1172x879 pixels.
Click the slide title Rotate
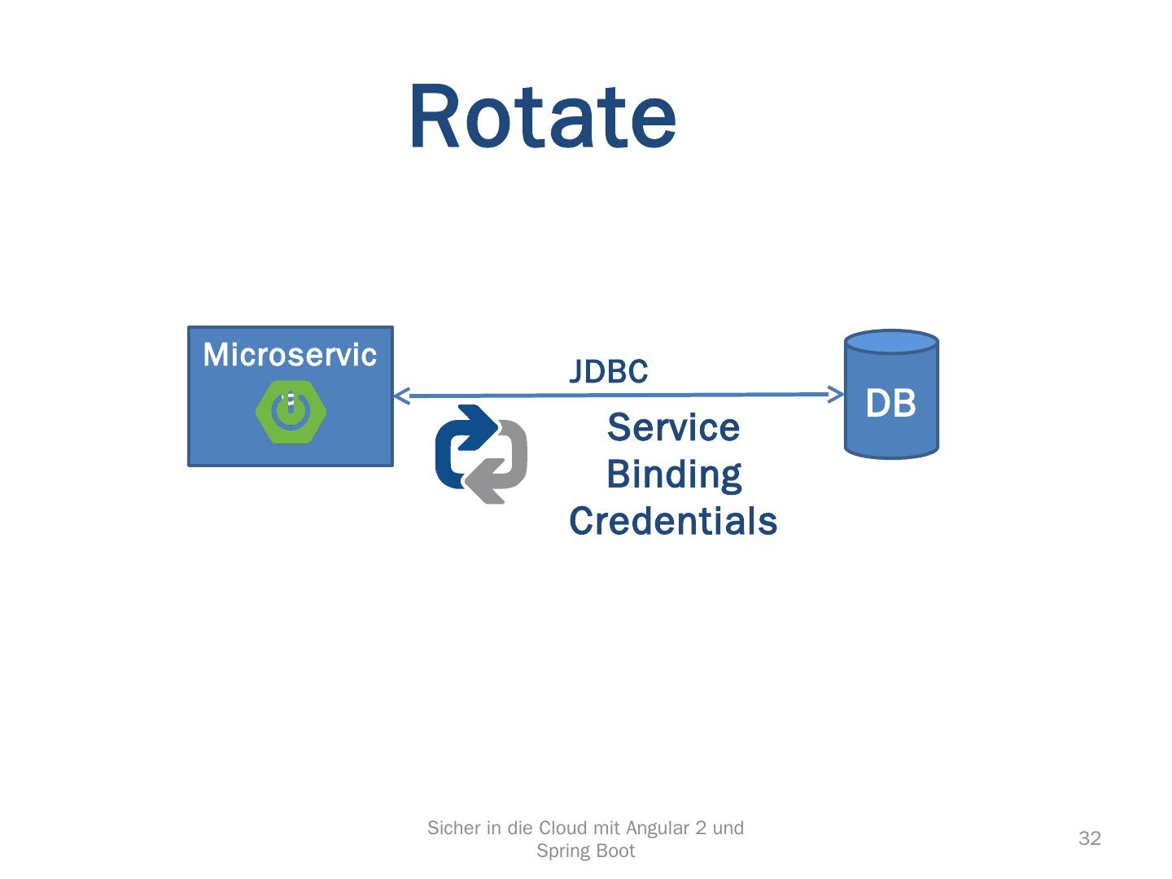(x=542, y=117)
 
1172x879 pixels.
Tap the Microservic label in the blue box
(x=290, y=355)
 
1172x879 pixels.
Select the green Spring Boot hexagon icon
(x=291, y=413)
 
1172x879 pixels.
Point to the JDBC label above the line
(x=608, y=372)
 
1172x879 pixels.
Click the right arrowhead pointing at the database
(x=836, y=395)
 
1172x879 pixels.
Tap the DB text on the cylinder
(x=890, y=404)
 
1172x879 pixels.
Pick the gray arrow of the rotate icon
(x=501, y=468)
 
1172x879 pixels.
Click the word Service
(x=673, y=427)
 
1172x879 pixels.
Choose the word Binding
(x=674, y=474)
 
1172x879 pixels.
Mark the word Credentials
(x=673, y=521)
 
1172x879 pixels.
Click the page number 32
(x=1089, y=839)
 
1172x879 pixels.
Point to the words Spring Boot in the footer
(x=586, y=851)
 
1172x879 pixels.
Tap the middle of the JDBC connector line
(x=619, y=396)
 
